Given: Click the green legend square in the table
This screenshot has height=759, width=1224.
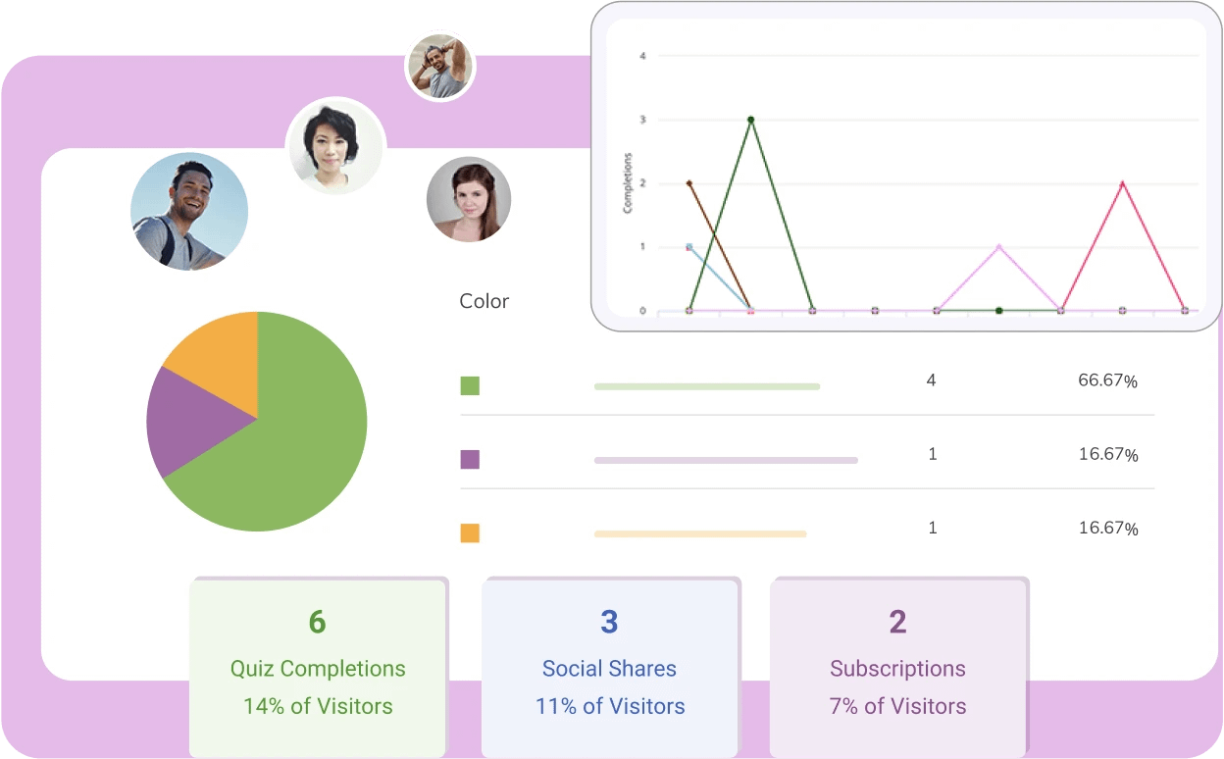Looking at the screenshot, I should [470, 385].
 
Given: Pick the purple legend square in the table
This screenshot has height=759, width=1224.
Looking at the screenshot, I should [470, 459].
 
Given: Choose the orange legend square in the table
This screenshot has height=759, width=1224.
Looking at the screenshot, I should [470, 533].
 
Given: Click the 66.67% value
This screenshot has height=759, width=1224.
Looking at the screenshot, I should [1107, 380].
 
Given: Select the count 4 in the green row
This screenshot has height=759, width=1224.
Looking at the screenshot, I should [931, 379].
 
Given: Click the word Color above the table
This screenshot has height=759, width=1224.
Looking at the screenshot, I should [484, 301].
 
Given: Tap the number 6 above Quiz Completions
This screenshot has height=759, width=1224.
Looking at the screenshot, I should [317, 622].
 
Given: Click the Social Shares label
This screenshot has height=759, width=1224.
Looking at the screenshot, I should [609, 669].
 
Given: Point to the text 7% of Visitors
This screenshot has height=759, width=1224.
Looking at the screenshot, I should [897, 706].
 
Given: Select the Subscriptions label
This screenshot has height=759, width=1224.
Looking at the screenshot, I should [897, 669].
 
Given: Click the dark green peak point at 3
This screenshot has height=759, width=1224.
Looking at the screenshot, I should [750, 120].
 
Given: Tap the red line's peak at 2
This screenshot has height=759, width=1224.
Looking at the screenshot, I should [1122, 183].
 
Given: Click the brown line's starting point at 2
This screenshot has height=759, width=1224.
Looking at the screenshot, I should [689, 183].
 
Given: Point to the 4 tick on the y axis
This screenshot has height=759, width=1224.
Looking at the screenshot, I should [642, 56].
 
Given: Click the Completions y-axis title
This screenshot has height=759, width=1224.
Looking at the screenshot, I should [628, 183].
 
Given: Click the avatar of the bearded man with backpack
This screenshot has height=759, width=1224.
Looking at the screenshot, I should [189, 211].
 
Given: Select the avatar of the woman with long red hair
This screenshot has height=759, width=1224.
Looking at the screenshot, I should [468, 199].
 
